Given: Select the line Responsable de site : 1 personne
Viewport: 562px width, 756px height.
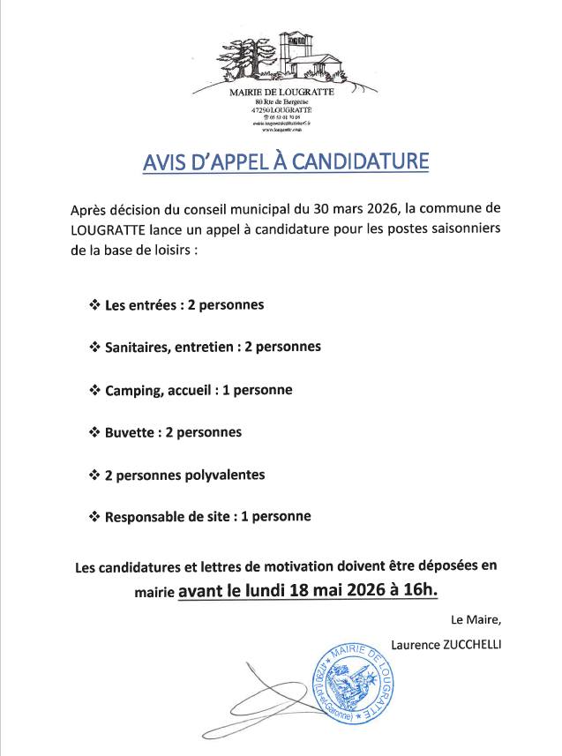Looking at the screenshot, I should pyautogui.click(x=207, y=517).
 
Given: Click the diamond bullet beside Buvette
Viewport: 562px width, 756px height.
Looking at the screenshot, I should pyautogui.click(x=94, y=432).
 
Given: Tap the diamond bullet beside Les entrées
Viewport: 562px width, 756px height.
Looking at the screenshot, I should pyautogui.click(x=94, y=305).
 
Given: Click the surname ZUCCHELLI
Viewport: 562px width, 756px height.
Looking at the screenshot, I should pyautogui.click(x=468, y=645).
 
